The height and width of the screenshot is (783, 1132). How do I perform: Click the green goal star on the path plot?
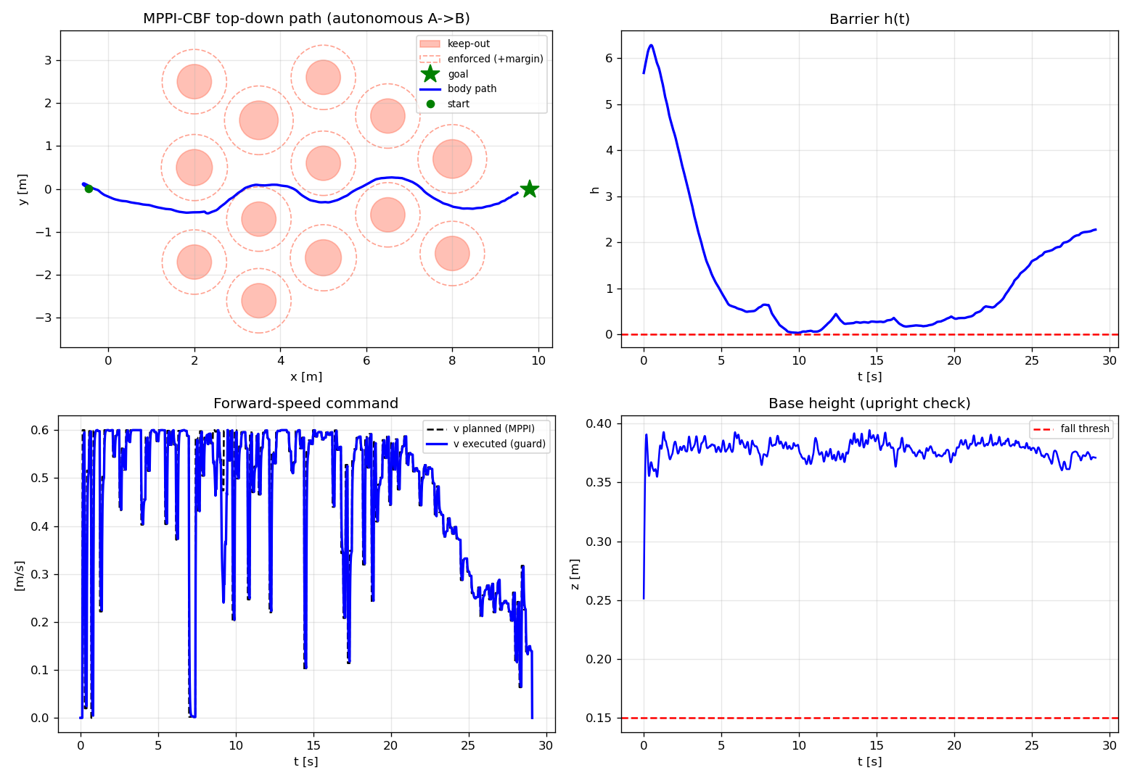pyautogui.click(x=529, y=188)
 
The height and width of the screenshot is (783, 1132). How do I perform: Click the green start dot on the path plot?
pyautogui.click(x=89, y=188)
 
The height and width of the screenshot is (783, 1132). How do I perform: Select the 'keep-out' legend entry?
pyautogui.click(x=468, y=44)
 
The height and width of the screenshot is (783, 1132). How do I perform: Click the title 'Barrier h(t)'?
pyautogui.click(x=869, y=19)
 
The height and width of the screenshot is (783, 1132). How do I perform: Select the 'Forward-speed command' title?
pyautogui.click(x=305, y=403)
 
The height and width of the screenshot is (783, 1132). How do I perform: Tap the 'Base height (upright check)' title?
pyautogui.click(x=869, y=403)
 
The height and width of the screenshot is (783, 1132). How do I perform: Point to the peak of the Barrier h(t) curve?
pyautogui.click(x=652, y=45)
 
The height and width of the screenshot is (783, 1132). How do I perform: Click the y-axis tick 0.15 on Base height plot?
pyautogui.click(x=598, y=718)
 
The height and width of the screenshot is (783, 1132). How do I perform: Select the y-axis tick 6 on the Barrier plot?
pyautogui.click(x=608, y=59)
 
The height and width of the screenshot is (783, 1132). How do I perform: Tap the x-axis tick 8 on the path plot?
pyautogui.click(x=452, y=360)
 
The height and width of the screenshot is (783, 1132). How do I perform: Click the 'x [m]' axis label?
pyautogui.click(x=306, y=376)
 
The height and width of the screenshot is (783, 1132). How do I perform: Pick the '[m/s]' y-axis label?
pyautogui.click(x=19, y=576)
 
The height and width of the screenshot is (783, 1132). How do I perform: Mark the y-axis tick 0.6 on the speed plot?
pyautogui.click(x=39, y=430)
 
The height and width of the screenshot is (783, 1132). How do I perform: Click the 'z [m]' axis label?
pyautogui.click(x=575, y=574)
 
